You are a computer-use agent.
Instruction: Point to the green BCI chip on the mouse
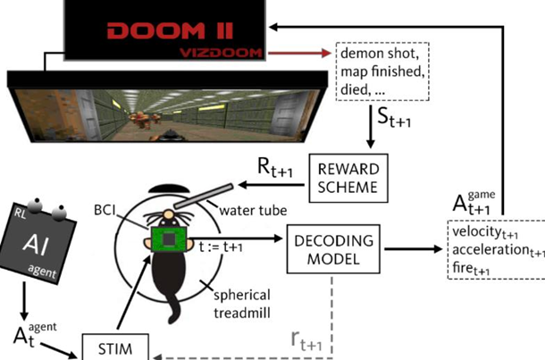[166, 240]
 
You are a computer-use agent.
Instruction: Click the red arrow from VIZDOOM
[298, 53]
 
